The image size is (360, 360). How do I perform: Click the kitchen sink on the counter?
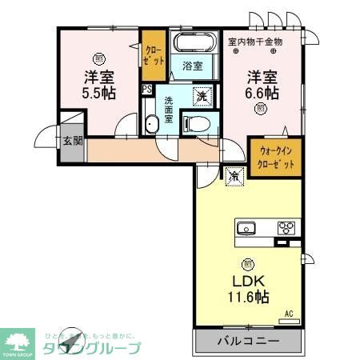[x=246, y=227]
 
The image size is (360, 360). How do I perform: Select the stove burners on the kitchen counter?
[x=286, y=227]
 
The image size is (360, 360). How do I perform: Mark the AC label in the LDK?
[x=290, y=315]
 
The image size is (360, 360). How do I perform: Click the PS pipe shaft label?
[x=147, y=90]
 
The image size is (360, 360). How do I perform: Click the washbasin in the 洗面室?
[x=150, y=124]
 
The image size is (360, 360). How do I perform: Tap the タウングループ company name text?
[x=93, y=349]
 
